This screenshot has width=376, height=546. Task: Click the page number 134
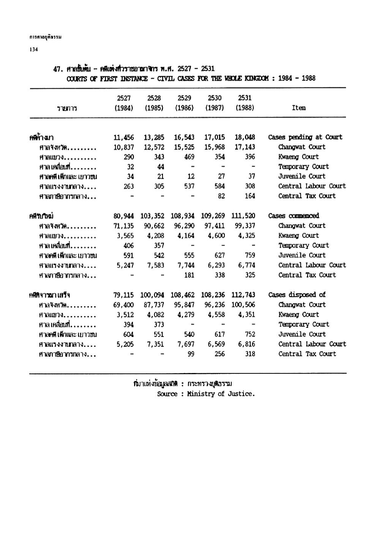pos(33,49)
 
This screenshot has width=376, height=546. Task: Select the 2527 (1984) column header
pos(124,103)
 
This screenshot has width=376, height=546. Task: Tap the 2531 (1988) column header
pos(245,103)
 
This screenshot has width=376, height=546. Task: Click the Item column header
pos(299,108)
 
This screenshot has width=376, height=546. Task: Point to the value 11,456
pos(124,137)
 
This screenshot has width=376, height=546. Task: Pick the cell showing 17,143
pos(245,147)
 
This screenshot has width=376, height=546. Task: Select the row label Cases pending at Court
pos(305,137)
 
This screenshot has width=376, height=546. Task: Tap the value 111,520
pos(243,216)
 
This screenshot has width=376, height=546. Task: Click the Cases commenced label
pos(294,216)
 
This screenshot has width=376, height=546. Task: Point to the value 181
pos(189,275)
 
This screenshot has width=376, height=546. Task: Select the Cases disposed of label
pos(297,295)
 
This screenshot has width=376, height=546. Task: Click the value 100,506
pos(243,305)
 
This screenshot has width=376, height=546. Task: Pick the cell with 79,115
pos(124,295)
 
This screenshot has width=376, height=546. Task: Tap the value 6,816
pos(246,344)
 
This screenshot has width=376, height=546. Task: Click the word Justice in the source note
pos(241,394)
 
